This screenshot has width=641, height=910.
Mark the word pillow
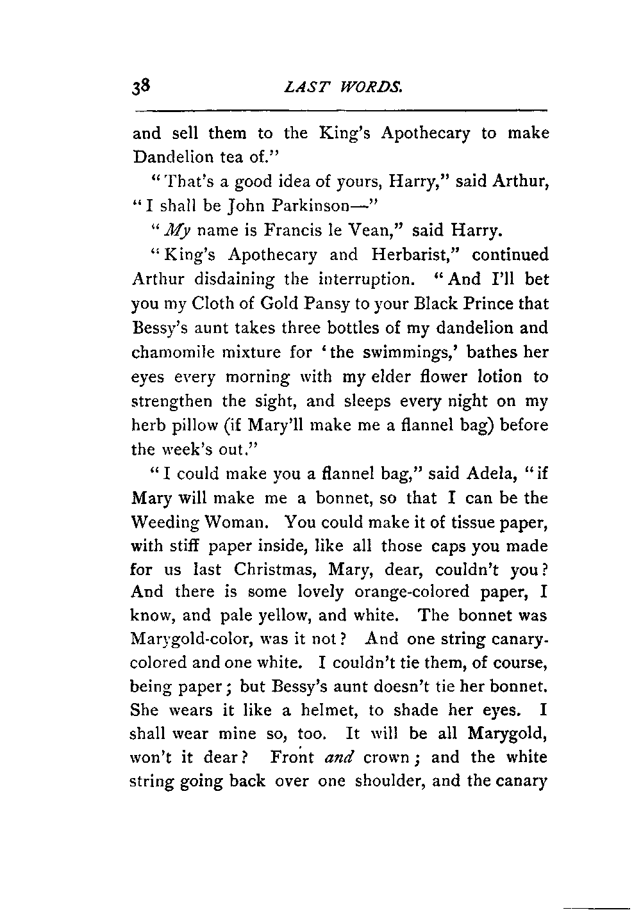(x=188, y=425)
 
